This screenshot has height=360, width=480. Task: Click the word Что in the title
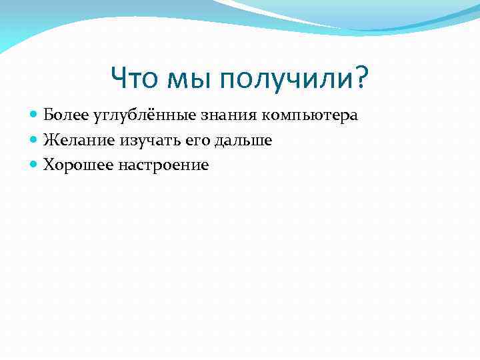point(135,79)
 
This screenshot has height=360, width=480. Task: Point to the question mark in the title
point(361,79)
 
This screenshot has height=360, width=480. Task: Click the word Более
point(62,115)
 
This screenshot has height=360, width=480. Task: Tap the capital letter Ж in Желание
point(49,140)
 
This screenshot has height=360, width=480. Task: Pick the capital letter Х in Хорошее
point(49,165)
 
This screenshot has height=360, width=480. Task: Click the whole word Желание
point(79,140)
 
